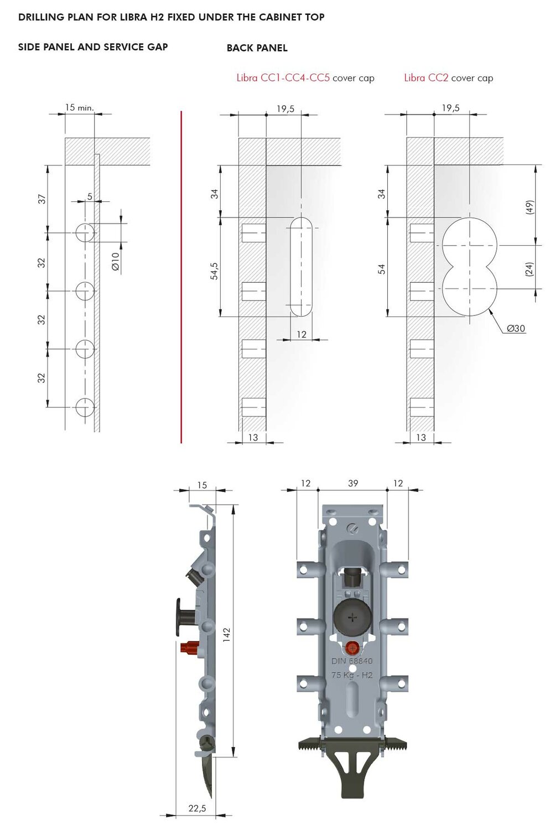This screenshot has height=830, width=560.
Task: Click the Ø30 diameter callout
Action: [x=516, y=328]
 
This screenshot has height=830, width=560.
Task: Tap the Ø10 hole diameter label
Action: [x=115, y=262]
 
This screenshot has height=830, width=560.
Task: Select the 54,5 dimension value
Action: [x=214, y=271]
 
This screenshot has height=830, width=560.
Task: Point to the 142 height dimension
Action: [x=227, y=634]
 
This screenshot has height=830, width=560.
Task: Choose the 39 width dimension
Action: [x=353, y=483]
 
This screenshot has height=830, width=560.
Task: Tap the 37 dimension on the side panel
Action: [x=42, y=199]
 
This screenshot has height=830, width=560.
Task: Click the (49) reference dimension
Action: [x=530, y=207]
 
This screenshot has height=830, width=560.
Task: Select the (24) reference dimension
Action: [x=530, y=268]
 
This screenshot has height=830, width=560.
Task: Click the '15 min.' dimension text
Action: [x=80, y=107]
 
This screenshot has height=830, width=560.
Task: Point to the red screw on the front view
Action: [x=352, y=648]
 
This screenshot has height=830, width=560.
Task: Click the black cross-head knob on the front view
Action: [x=352, y=618]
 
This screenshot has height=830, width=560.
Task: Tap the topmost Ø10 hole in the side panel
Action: [x=85, y=233]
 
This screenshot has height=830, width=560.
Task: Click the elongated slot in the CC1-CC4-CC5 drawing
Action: [x=301, y=267]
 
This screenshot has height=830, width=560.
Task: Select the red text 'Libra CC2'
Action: [x=426, y=78]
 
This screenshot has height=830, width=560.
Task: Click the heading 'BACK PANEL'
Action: [x=257, y=48]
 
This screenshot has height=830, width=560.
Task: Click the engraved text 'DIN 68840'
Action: [x=352, y=661]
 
